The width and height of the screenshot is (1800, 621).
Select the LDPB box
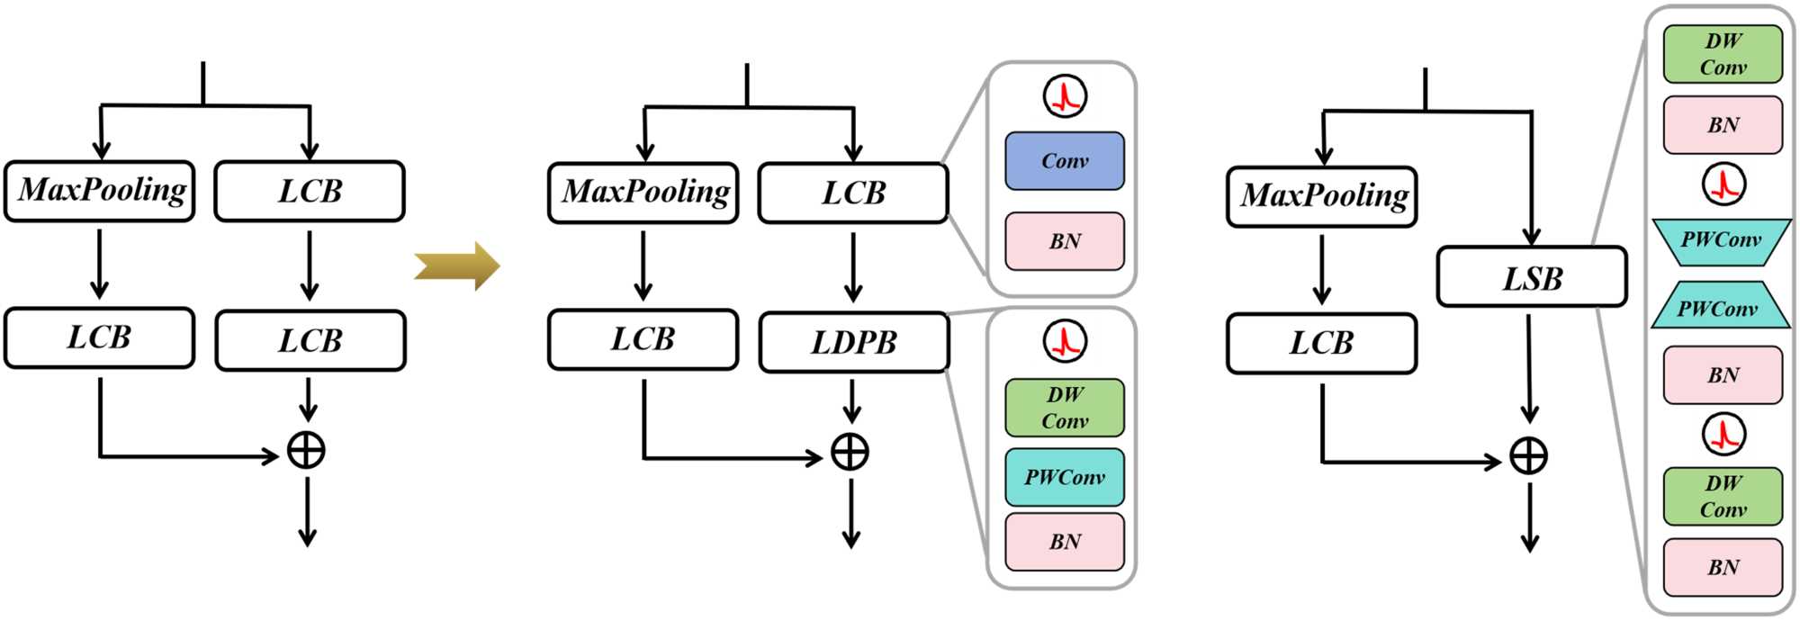[x=853, y=342]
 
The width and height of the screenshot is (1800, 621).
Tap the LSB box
[x=1532, y=277]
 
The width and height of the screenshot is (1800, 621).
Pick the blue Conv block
[x=1065, y=161]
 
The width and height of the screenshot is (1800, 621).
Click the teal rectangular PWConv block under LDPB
[x=1065, y=477]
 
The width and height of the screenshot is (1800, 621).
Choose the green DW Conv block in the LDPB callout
[x=1065, y=408]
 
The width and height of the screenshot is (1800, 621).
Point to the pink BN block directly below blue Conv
[x=1065, y=241]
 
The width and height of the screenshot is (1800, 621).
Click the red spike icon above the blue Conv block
[x=1065, y=96]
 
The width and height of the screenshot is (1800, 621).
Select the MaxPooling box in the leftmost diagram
[x=100, y=191]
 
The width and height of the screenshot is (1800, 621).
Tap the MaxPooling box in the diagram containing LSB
[x=1321, y=196]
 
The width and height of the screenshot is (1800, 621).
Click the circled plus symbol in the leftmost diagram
[x=306, y=450]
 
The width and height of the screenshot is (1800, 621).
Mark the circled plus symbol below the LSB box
[x=1528, y=456]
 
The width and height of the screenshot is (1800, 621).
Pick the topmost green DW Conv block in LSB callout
[x=1723, y=54]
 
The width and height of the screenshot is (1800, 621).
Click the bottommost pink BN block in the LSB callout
[x=1723, y=567]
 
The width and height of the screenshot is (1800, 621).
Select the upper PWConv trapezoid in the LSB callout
[x=1722, y=241]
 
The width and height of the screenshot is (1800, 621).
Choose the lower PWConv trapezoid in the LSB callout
[x=1718, y=306]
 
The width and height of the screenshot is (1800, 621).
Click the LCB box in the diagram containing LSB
[x=1321, y=343]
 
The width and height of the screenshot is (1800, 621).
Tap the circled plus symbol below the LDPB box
[x=850, y=452]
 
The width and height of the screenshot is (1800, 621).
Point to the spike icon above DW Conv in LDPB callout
[x=1065, y=341]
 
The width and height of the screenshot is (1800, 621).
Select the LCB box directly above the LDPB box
[x=853, y=193]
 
